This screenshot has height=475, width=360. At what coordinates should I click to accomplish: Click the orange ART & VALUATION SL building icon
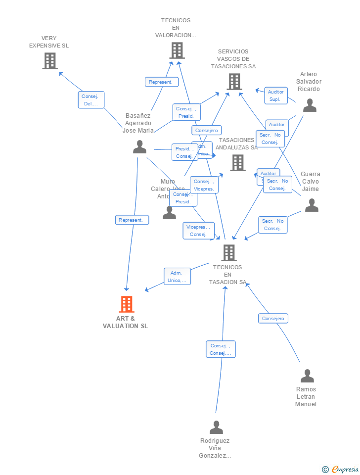127,304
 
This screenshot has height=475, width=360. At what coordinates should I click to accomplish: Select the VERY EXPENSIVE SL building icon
50,61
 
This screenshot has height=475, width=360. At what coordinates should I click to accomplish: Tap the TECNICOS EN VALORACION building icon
177,50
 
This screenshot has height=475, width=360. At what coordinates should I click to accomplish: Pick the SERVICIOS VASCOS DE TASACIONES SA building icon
234,82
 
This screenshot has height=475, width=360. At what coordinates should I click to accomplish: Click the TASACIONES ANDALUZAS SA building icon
237,162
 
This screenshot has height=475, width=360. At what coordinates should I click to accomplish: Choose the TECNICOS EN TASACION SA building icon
228,253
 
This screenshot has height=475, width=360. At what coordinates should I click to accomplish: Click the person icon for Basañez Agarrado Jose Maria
139,147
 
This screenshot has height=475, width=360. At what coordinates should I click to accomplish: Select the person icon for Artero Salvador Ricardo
310,105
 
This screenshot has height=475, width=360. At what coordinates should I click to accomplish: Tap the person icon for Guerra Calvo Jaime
312,205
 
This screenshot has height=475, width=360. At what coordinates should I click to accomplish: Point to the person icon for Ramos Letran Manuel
307,376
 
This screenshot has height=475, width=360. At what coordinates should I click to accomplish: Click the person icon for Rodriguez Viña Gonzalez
216,427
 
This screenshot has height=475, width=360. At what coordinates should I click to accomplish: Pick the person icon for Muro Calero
169,213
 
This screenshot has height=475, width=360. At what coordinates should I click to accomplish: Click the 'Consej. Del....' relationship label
91,100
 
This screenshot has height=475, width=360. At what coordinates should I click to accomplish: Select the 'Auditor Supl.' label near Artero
275,95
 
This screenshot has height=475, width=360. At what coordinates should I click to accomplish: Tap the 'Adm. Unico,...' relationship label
177,277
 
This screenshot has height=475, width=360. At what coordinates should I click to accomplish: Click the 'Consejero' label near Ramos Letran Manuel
273,319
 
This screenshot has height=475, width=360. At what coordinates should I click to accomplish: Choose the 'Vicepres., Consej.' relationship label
198,231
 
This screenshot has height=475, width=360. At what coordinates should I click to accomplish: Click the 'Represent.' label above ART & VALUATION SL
132,220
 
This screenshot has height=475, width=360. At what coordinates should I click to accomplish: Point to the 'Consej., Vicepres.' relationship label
204,185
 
